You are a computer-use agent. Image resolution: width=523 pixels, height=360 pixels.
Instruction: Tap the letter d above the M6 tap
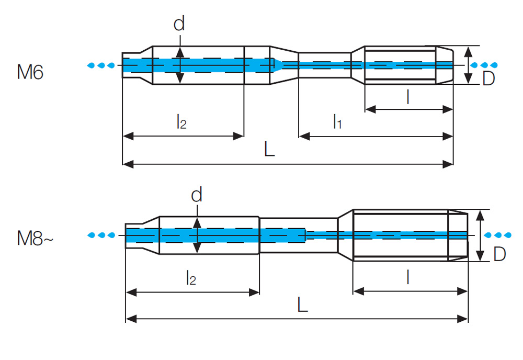point(179,24)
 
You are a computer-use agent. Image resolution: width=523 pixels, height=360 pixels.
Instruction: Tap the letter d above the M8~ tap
point(196,195)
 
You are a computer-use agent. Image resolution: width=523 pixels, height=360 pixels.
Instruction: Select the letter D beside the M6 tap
point(488,79)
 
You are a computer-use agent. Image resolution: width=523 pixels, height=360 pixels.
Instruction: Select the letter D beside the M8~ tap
point(499,254)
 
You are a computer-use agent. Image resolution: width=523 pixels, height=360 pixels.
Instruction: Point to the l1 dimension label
point(337,122)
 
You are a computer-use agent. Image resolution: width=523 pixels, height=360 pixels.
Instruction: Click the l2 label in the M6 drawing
point(180,122)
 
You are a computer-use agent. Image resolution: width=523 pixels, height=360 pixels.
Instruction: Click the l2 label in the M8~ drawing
point(191,278)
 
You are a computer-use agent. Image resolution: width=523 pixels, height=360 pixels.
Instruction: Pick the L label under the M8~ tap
point(302,305)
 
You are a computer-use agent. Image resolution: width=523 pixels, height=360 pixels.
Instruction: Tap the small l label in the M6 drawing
point(407,97)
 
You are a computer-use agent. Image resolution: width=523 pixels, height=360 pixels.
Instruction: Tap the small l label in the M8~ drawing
point(407,278)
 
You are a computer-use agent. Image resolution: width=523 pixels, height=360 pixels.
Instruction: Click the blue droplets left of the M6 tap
point(100,65)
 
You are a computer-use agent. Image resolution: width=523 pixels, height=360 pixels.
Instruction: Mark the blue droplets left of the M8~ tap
point(100,234)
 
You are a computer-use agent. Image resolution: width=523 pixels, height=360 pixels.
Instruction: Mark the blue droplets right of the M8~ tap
point(498,234)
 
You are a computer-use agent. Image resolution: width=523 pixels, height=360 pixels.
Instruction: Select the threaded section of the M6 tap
point(401,65)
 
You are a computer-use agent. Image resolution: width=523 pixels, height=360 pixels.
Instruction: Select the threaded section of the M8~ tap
point(401,234)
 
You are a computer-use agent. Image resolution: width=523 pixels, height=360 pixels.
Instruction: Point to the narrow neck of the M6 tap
point(324,65)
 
